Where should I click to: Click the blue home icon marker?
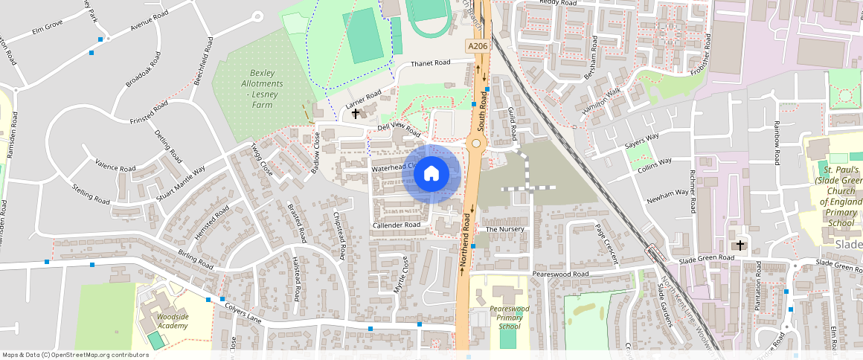coord(431,174)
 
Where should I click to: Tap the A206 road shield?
coord(478,46)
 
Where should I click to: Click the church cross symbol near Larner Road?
coord(356,114)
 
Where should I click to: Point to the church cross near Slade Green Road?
coord(739,245)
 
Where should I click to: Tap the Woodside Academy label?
coord(172,321)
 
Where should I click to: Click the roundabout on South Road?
coord(475,144)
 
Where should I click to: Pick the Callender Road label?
coord(397,225)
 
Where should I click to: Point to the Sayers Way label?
coord(642,141)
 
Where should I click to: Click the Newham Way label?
coord(667,195)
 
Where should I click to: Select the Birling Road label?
coord(196,259)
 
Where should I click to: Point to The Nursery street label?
coord(504,229)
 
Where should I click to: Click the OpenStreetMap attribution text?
coord(75,355)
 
